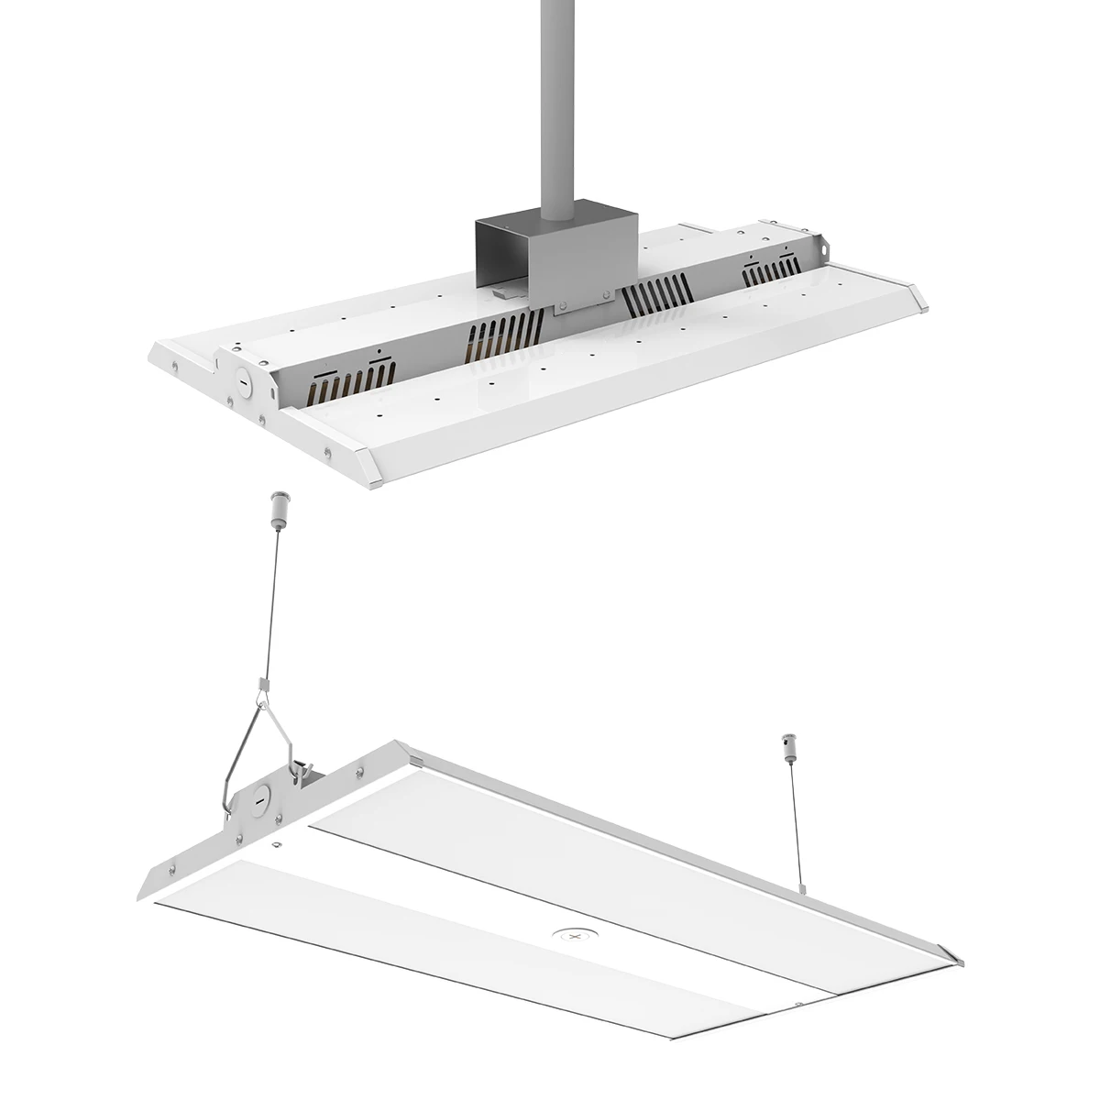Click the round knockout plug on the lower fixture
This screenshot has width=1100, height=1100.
pyautogui.click(x=260, y=797)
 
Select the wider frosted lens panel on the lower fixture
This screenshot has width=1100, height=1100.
pyautogui.click(x=632, y=852)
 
